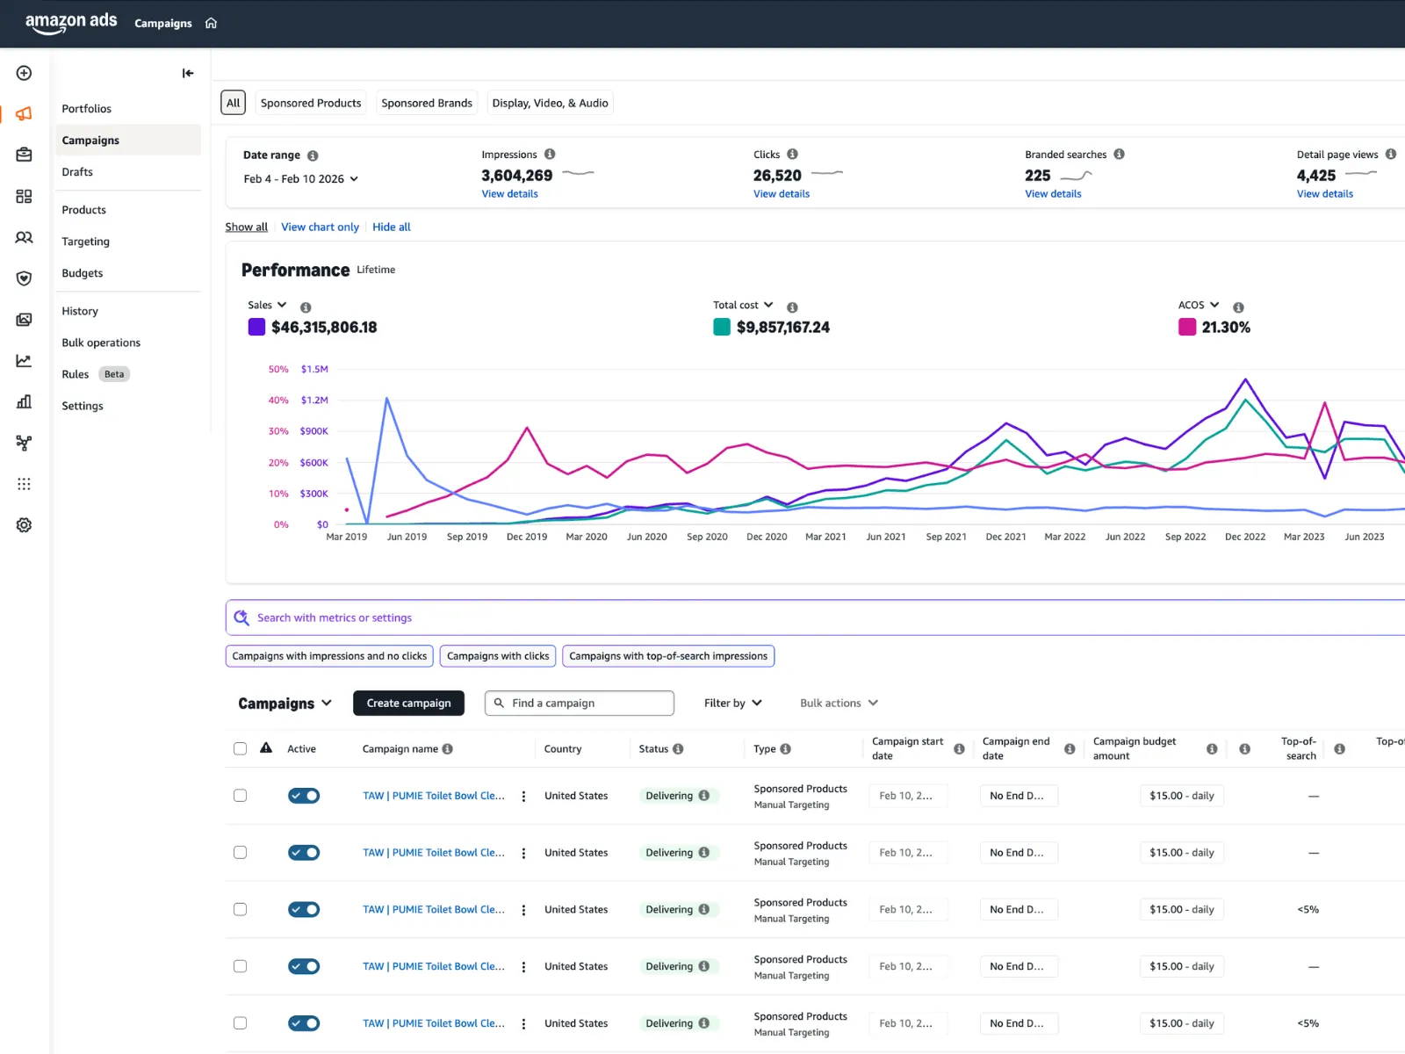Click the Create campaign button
pyautogui.click(x=408, y=703)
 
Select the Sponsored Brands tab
pyautogui.click(x=427, y=103)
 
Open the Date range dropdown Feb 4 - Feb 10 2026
pyautogui.click(x=301, y=179)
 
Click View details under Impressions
pyautogui.click(x=509, y=194)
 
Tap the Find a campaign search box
pyautogui.click(x=580, y=703)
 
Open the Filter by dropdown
pyautogui.click(x=732, y=703)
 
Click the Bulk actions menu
pyautogui.click(x=839, y=703)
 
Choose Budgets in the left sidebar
pyautogui.click(x=83, y=273)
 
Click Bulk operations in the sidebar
pyautogui.click(x=101, y=343)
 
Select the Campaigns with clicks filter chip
pyautogui.click(x=498, y=656)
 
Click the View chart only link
pyautogui.click(x=320, y=227)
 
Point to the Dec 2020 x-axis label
pyautogui.click(x=767, y=537)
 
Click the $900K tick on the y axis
pyautogui.click(x=313, y=431)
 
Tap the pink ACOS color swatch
pyautogui.click(x=1187, y=327)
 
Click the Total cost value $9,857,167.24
pyautogui.click(x=782, y=328)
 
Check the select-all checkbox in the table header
pyautogui.click(x=240, y=748)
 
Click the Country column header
pyautogui.click(x=563, y=749)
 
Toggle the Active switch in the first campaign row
pyautogui.click(x=304, y=796)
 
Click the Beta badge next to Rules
pyautogui.click(x=114, y=374)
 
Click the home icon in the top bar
pyautogui.click(x=211, y=23)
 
